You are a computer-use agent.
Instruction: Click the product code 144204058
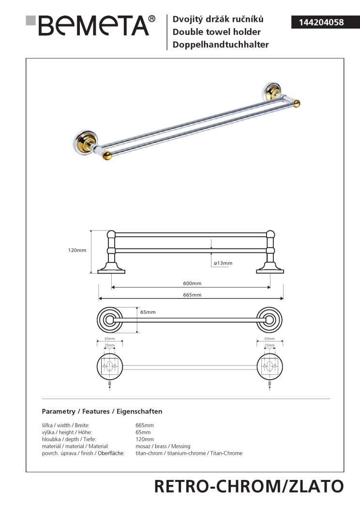321,22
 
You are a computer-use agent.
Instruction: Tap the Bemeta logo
90,25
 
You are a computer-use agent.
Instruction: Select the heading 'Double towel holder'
216,32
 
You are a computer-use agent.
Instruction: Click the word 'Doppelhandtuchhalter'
221,45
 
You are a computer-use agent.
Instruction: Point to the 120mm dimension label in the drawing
77,250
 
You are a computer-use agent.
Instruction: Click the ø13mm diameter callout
223,263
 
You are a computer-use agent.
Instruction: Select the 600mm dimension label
192,283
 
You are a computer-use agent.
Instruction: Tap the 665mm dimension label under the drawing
192,295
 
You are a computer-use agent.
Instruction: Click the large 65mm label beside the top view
148,312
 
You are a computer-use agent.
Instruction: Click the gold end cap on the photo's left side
107,155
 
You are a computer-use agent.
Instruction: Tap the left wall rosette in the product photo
85,141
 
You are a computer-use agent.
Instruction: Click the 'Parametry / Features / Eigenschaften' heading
102,412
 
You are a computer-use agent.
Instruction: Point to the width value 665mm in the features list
145,425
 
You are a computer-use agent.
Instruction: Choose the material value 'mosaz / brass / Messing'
163,446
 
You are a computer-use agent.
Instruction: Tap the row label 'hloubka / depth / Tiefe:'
69,439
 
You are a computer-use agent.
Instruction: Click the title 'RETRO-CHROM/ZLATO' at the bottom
249,487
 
